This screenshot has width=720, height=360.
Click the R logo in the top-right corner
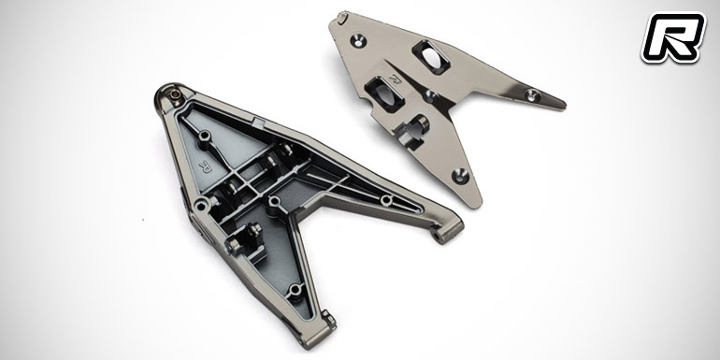(x=673, y=36)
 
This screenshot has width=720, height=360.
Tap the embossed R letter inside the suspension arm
(x=205, y=166)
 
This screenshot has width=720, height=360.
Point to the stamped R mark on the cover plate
(x=395, y=78)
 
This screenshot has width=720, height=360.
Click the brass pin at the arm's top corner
(x=175, y=94)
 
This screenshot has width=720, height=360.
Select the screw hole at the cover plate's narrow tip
(x=532, y=95)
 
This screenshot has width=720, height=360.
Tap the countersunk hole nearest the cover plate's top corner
(x=358, y=40)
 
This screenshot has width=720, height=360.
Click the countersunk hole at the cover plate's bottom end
(x=460, y=177)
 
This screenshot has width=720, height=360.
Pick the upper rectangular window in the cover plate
(x=430, y=56)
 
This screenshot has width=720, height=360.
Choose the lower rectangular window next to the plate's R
(x=384, y=94)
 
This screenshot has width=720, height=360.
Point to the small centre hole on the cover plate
(x=430, y=96)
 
